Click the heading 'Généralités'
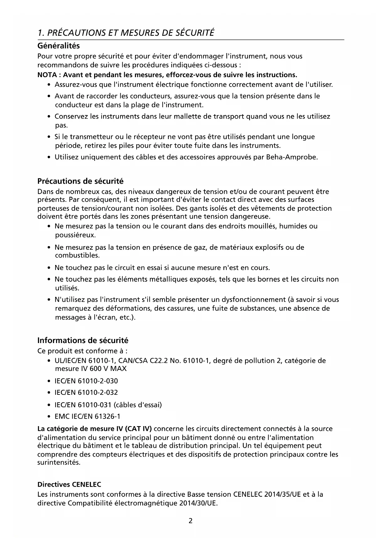tap(59, 46)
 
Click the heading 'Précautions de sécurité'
tap(81, 181)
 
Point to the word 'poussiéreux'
tap(75, 235)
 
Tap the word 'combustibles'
tap(77, 255)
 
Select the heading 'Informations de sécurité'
tap(83, 341)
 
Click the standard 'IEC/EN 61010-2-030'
tap(86, 381)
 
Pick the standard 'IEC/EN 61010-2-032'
tap(86, 393)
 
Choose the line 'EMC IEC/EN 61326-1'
tap(87, 416)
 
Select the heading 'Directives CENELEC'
tap(69, 484)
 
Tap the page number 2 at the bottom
tap(191, 521)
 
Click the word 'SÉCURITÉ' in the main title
tap(194, 33)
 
